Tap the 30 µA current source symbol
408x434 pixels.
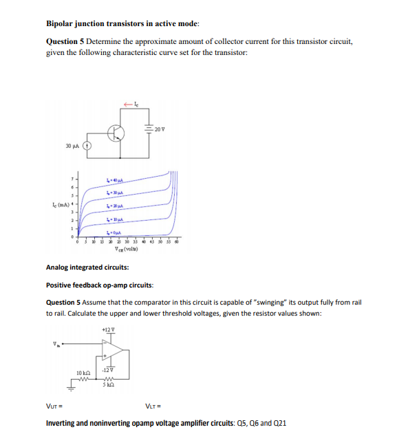(87, 147)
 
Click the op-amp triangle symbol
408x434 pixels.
(113, 351)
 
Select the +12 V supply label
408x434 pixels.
(107, 329)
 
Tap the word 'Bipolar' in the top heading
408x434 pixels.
(60, 23)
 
